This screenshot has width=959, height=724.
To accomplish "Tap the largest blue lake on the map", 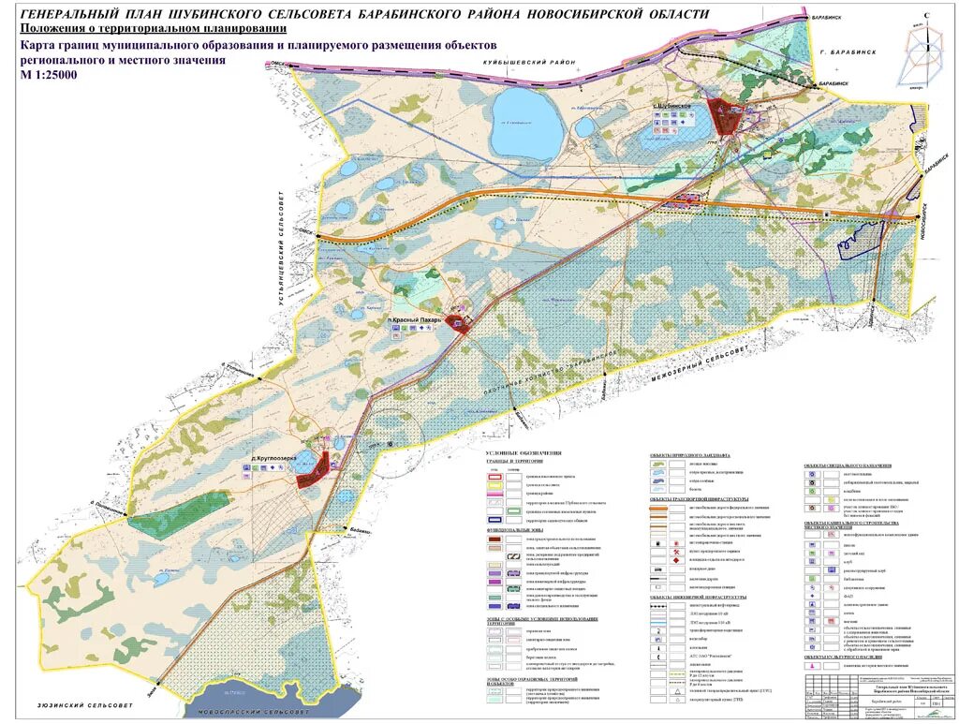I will click(x=525, y=112).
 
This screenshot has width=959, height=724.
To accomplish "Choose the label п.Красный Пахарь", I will click(x=419, y=320).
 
